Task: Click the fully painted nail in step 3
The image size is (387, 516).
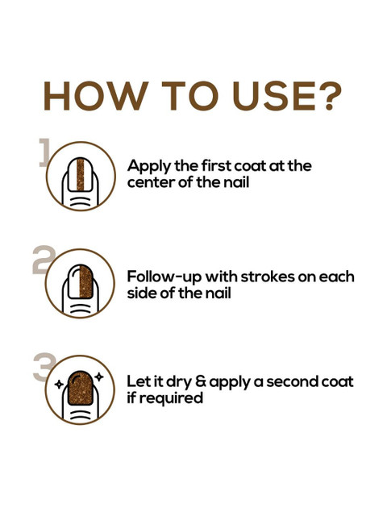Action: click(81, 389)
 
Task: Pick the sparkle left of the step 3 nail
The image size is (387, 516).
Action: click(58, 385)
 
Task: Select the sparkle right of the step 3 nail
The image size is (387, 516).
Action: click(99, 376)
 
